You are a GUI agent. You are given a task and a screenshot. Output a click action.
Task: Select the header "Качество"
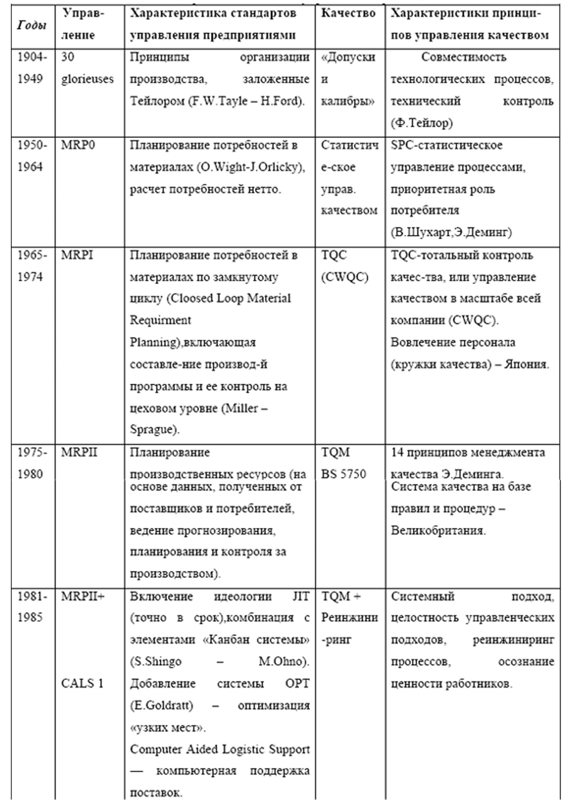(348, 13)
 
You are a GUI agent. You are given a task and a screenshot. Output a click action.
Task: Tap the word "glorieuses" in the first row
(87, 79)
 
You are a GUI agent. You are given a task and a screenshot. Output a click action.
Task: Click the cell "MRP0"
(78, 145)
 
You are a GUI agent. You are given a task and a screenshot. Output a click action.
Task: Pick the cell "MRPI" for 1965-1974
(77, 255)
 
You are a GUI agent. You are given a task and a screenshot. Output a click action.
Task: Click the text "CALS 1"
(82, 684)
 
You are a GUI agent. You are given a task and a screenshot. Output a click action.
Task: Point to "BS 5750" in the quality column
(344, 474)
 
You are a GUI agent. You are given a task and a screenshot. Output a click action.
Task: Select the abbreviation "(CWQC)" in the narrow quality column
(345, 277)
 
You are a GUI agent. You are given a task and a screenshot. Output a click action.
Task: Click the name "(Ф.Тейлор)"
(421, 123)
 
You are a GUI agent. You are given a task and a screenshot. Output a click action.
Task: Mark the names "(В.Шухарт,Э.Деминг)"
(451, 232)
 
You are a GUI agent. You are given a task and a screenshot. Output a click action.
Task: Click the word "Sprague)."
(155, 430)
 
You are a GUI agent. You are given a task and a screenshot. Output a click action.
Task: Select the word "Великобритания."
(438, 530)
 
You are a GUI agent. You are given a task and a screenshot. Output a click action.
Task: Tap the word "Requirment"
(160, 320)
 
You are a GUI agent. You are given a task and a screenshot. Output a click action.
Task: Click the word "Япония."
(526, 364)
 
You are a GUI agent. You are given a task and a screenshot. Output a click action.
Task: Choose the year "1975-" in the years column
(32, 452)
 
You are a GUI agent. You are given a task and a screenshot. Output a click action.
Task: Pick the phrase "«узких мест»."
(168, 728)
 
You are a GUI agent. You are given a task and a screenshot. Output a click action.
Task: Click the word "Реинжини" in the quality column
(349, 618)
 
